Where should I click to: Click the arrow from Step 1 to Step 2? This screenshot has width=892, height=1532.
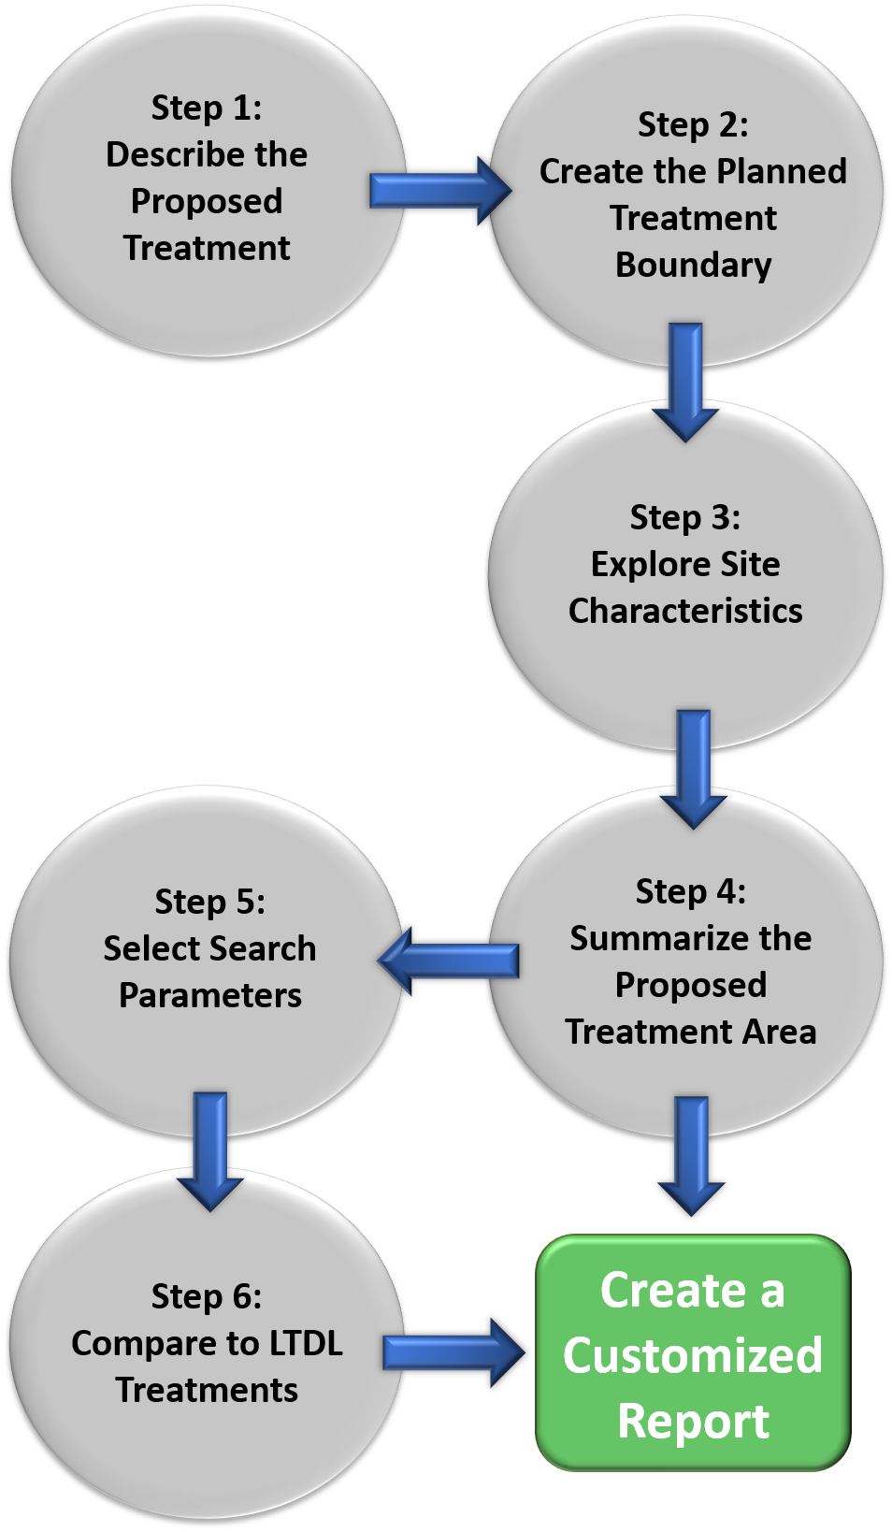pos(438,191)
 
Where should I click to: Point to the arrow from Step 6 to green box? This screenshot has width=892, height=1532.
pos(453,1352)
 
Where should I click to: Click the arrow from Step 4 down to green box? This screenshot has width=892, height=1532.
pos(691,1153)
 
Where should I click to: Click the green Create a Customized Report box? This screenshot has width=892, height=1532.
pos(693,1352)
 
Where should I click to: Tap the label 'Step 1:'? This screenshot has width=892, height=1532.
pos(207,108)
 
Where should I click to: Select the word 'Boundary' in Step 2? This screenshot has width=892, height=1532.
pos(693,265)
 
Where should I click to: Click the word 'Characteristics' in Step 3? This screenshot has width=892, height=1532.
pos(685,611)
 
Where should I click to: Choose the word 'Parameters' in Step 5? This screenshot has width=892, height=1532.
pos(210,995)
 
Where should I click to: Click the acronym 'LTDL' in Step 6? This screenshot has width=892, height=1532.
pos(306,1343)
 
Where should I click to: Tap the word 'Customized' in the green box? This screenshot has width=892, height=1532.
pos(693,1355)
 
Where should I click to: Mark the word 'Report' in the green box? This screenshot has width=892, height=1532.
pos(693,1421)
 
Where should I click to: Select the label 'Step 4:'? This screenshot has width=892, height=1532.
pos(691,891)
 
